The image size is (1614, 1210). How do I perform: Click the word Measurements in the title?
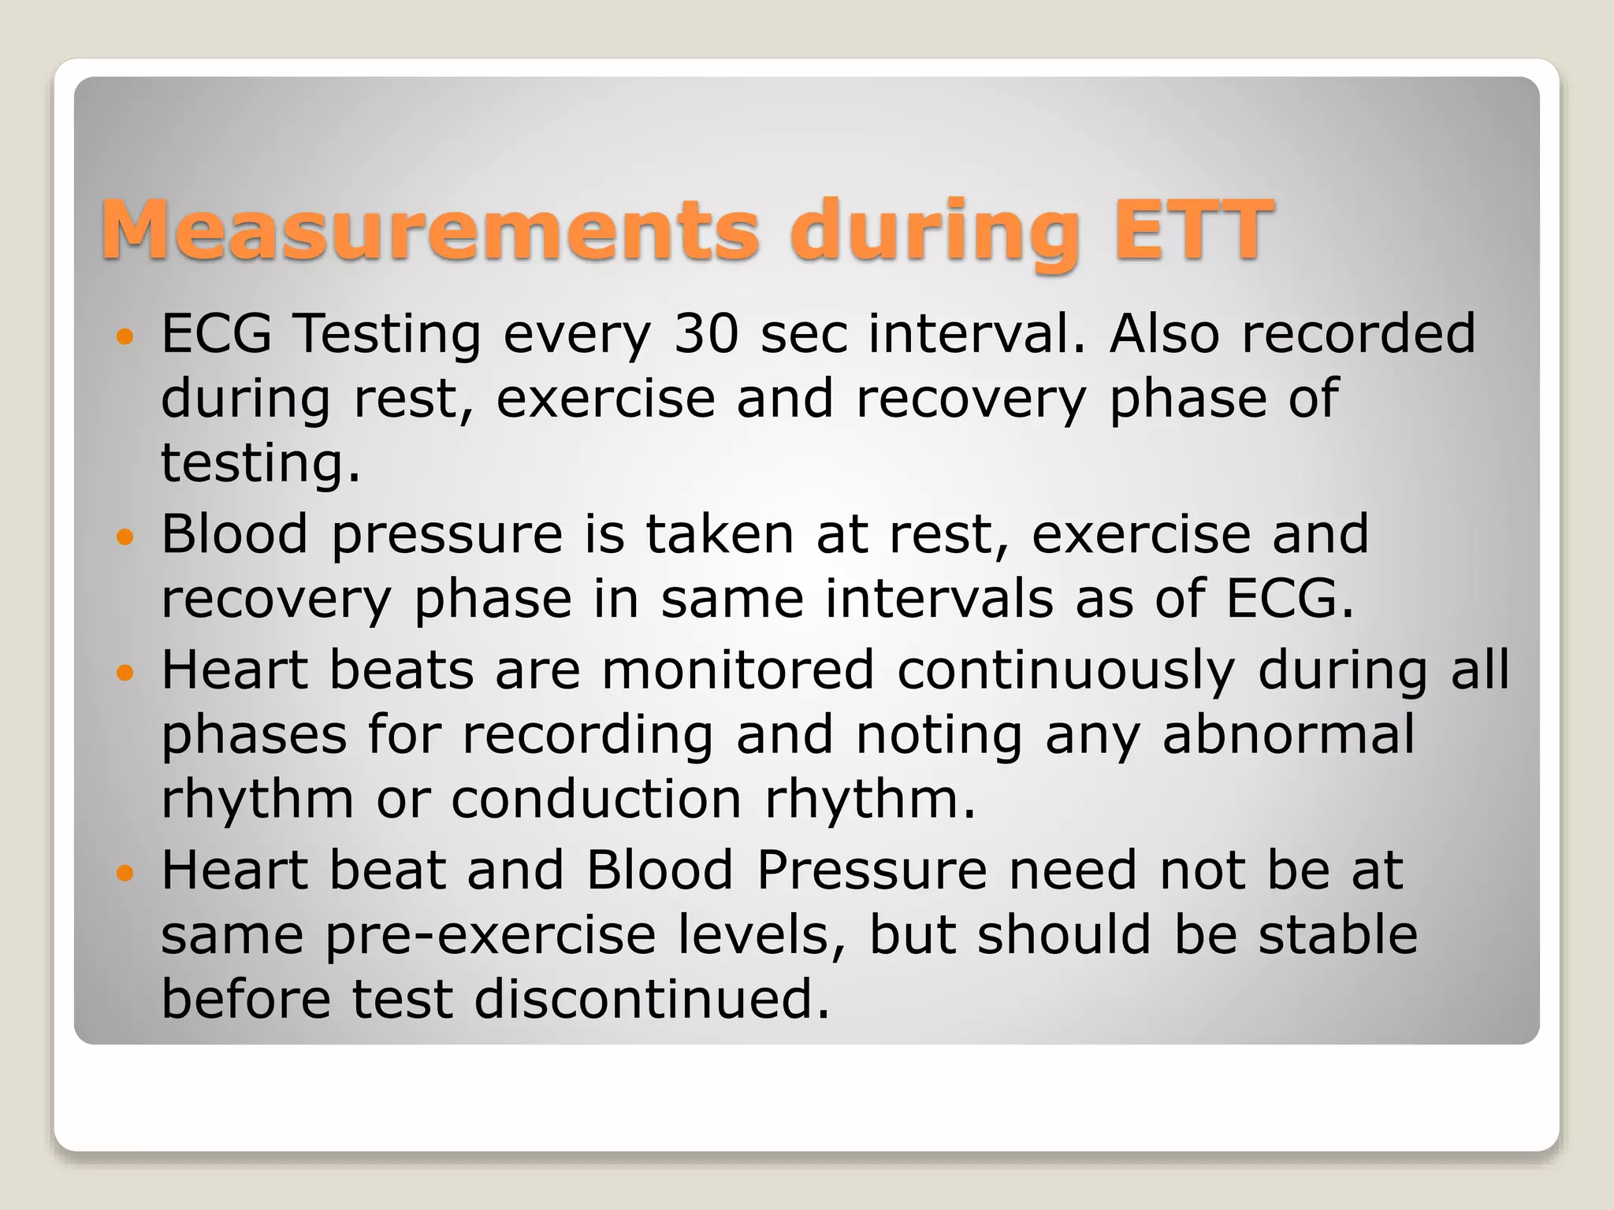[430, 230]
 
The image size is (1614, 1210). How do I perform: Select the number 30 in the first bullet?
[705, 333]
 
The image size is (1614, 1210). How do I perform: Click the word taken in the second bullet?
[719, 534]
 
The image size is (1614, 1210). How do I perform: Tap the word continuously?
[1065, 671]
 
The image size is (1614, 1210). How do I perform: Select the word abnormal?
[1288, 734]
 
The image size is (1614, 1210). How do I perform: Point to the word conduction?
[597, 799]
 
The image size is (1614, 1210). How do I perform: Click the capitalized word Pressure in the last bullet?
[872, 870]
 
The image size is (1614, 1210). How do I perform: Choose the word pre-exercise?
[490, 937]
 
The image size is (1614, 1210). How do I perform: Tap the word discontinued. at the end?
[652, 999]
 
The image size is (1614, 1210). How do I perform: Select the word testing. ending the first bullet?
[261, 462]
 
